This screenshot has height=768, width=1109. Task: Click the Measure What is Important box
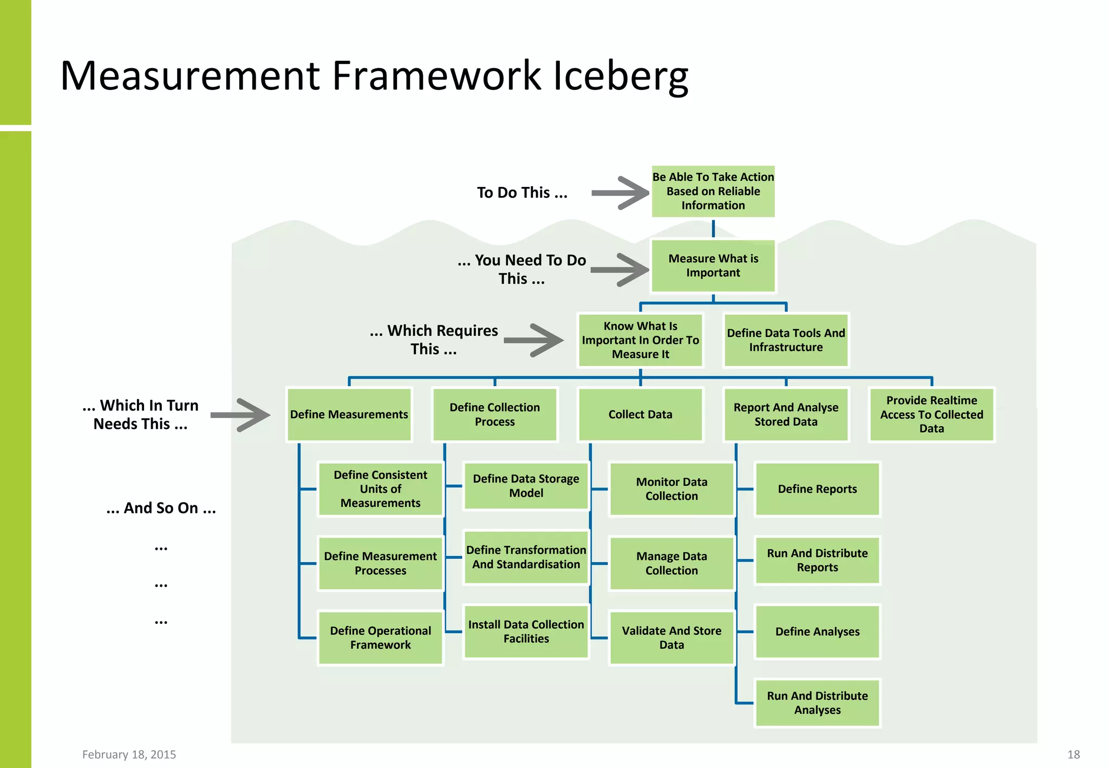pos(713,266)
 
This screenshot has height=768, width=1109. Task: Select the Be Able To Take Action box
pos(713,191)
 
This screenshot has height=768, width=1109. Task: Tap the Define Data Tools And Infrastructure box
pos(786,340)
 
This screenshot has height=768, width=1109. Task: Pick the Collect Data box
pos(640,414)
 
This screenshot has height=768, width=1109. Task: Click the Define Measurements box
pos(349,414)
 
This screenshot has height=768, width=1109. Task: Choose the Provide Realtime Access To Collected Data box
pos(931,414)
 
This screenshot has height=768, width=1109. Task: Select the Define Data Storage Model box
pos(526,486)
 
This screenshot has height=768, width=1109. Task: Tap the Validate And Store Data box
pos(671,637)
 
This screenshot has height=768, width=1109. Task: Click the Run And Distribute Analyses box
pos(817,702)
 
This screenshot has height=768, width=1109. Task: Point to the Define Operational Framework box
pos(380,637)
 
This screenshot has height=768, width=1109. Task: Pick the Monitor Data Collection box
pos(671,489)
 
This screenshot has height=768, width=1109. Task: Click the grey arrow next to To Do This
pos(621,193)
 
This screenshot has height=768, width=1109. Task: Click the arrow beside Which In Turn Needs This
pos(240,415)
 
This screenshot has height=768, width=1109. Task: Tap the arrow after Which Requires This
pos(534,340)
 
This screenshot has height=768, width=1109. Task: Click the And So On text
pos(161,508)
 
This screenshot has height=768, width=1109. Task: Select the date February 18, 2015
pos(129,754)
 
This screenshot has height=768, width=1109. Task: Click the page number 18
pos(1073,754)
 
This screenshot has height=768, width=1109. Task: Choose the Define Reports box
pos(817,489)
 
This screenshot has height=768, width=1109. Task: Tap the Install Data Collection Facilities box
pos(526,632)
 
